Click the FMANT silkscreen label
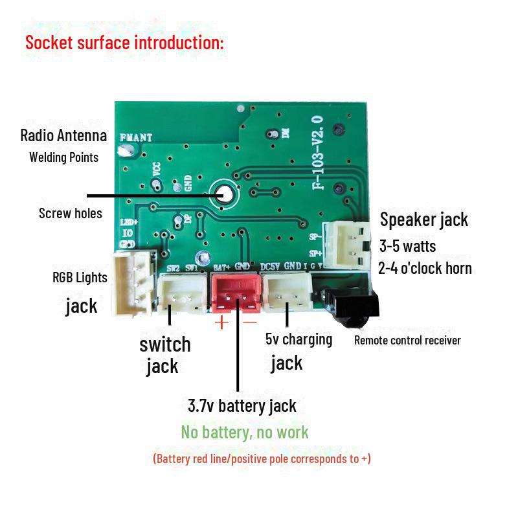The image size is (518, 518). (136, 137)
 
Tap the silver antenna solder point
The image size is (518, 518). (124, 151)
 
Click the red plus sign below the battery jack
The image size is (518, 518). (221, 322)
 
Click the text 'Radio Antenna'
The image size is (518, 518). (63, 136)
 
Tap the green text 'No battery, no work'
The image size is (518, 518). (245, 432)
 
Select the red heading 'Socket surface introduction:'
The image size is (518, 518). (124, 43)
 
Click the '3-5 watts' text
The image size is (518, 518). (407, 246)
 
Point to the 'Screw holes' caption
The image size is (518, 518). (71, 213)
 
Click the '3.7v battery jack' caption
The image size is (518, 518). (242, 406)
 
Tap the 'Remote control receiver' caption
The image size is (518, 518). (407, 340)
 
